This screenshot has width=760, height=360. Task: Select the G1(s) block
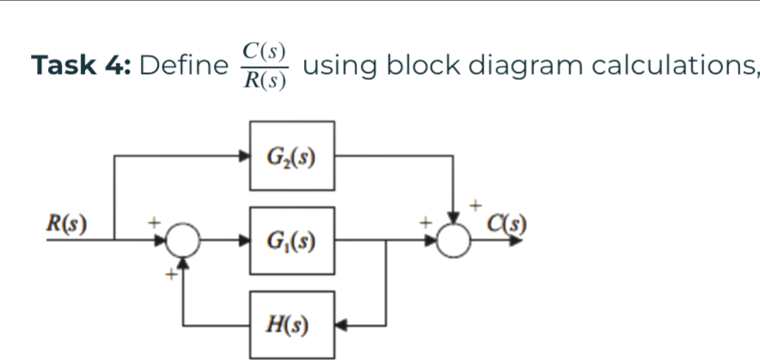[292, 241]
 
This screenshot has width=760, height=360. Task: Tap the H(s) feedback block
[292, 325]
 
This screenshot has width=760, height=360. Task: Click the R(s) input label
[66, 225]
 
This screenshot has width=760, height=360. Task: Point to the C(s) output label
[506, 225]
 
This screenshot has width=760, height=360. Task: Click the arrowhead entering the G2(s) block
[243, 156]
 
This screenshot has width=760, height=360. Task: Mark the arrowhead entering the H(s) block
[341, 326]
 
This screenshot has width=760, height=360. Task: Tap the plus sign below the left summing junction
[170, 274]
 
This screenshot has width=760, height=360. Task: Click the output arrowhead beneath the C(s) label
[515, 241]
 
